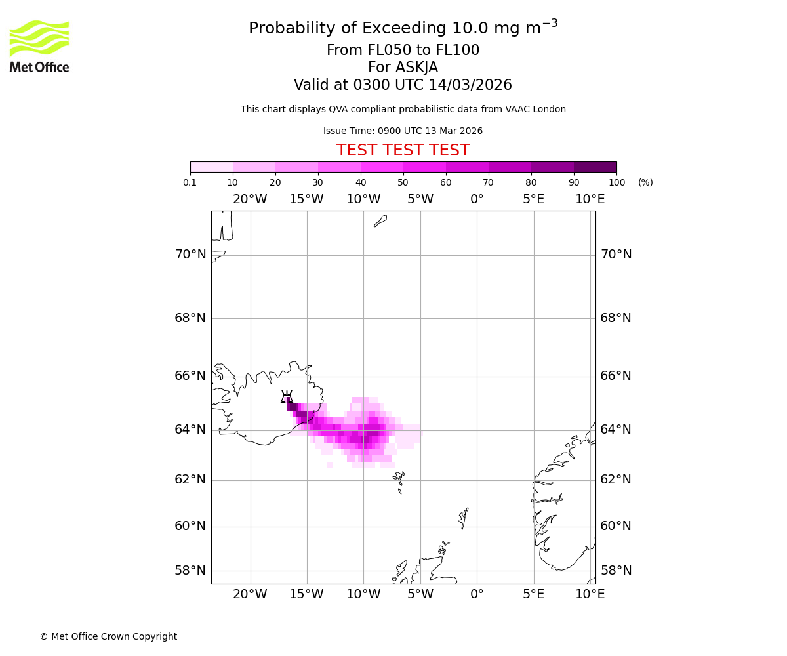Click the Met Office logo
click(39, 46)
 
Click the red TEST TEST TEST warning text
click(403, 150)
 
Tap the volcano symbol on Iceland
click(287, 397)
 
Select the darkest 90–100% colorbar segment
click(595, 167)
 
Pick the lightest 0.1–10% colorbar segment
click(212, 167)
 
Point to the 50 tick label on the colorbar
click(403, 182)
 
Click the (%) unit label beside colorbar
click(645, 182)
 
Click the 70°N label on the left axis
click(190, 255)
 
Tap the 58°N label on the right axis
click(616, 571)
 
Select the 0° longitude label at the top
click(477, 199)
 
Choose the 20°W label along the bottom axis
click(250, 594)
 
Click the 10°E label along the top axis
click(590, 199)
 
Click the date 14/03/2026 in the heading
click(470, 85)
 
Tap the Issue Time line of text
click(403, 131)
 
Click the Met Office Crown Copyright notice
click(108, 636)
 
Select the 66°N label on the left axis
click(190, 376)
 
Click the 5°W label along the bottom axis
click(420, 594)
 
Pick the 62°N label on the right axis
click(616, 480)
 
